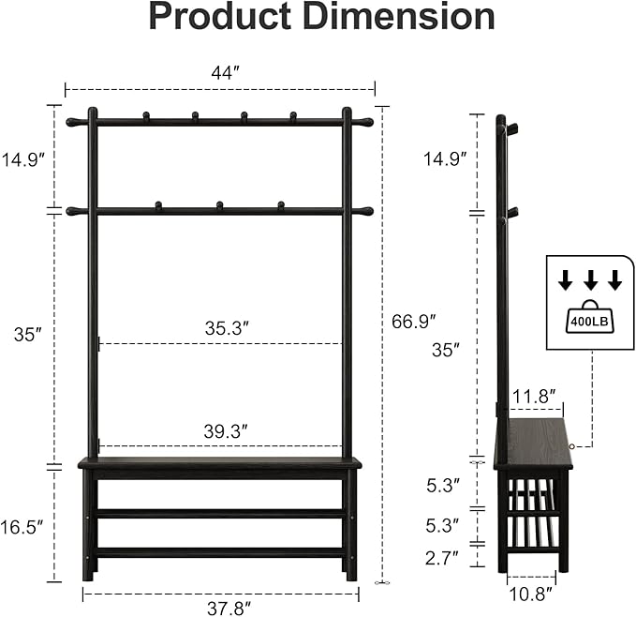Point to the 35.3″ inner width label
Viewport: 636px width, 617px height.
[x=226, y=328]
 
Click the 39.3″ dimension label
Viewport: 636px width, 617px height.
[x=226, y=431]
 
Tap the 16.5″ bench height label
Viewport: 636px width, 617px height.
[x=22, y=528]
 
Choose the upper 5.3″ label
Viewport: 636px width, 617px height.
[x=441, y=486]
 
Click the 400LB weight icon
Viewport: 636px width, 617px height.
[x=589, y=316]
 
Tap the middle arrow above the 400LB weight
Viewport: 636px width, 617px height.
[x=590, y=279]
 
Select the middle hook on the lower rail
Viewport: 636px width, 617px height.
[x=219, y=204]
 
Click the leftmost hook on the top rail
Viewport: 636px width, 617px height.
[x=145, y=116]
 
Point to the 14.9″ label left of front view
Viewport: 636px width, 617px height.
[x=22, y=159]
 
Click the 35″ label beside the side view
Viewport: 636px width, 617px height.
[x=446, y=350]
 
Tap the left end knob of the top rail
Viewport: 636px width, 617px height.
[x=71, y=122]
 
